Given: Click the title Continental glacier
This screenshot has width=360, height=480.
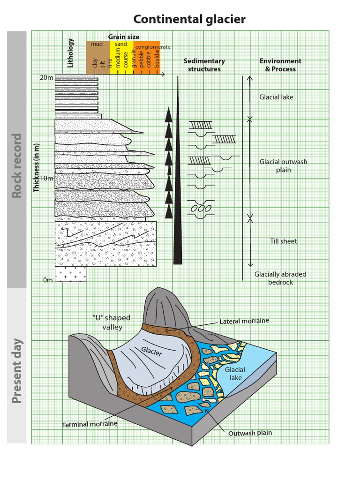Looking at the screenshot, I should (x=189, y=19).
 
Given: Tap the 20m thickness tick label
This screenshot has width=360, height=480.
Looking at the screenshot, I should (x=46, y=77).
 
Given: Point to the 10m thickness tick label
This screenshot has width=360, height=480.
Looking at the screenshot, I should (x=46, y=179).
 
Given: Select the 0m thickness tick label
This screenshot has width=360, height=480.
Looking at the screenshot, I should (x=48, y=280).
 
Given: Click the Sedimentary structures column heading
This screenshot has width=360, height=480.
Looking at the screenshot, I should (x=204, y=65).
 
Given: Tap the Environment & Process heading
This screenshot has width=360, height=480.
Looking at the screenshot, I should (x=280, y=65).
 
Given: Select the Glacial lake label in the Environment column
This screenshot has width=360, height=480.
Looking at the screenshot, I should (x=277, y=97).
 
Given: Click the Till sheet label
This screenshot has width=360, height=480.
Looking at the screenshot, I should (x=283, y=241).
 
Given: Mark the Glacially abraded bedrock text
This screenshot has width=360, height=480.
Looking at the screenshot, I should (x=280, y=278).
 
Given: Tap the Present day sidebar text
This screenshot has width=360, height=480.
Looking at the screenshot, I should (x=17, y=371).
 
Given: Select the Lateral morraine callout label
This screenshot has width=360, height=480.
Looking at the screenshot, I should (x=244, y=321).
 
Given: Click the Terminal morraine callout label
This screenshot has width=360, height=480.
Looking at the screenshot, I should (x=90, y=424).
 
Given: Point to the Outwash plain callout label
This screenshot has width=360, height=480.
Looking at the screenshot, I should (x=250, y=433).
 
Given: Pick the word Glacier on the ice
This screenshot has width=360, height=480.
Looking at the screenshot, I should (x=151, y=351).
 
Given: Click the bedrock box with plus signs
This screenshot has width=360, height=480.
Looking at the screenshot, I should (x=71, y=274).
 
